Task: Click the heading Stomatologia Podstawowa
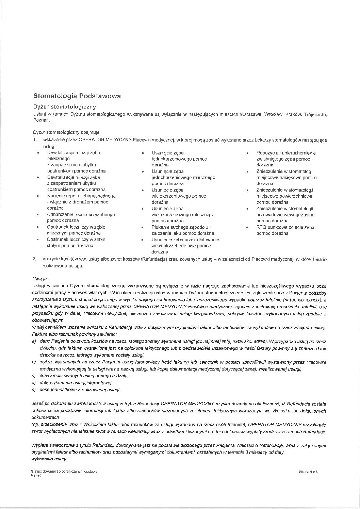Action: click(77, 96)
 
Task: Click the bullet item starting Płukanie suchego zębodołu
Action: click(182, 230)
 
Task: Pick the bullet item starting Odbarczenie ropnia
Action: click(81, 218)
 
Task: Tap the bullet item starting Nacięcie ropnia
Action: click(81, 202)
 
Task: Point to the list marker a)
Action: click(34, 341)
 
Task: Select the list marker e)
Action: click(34, 390)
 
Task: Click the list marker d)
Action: click(34, 383)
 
